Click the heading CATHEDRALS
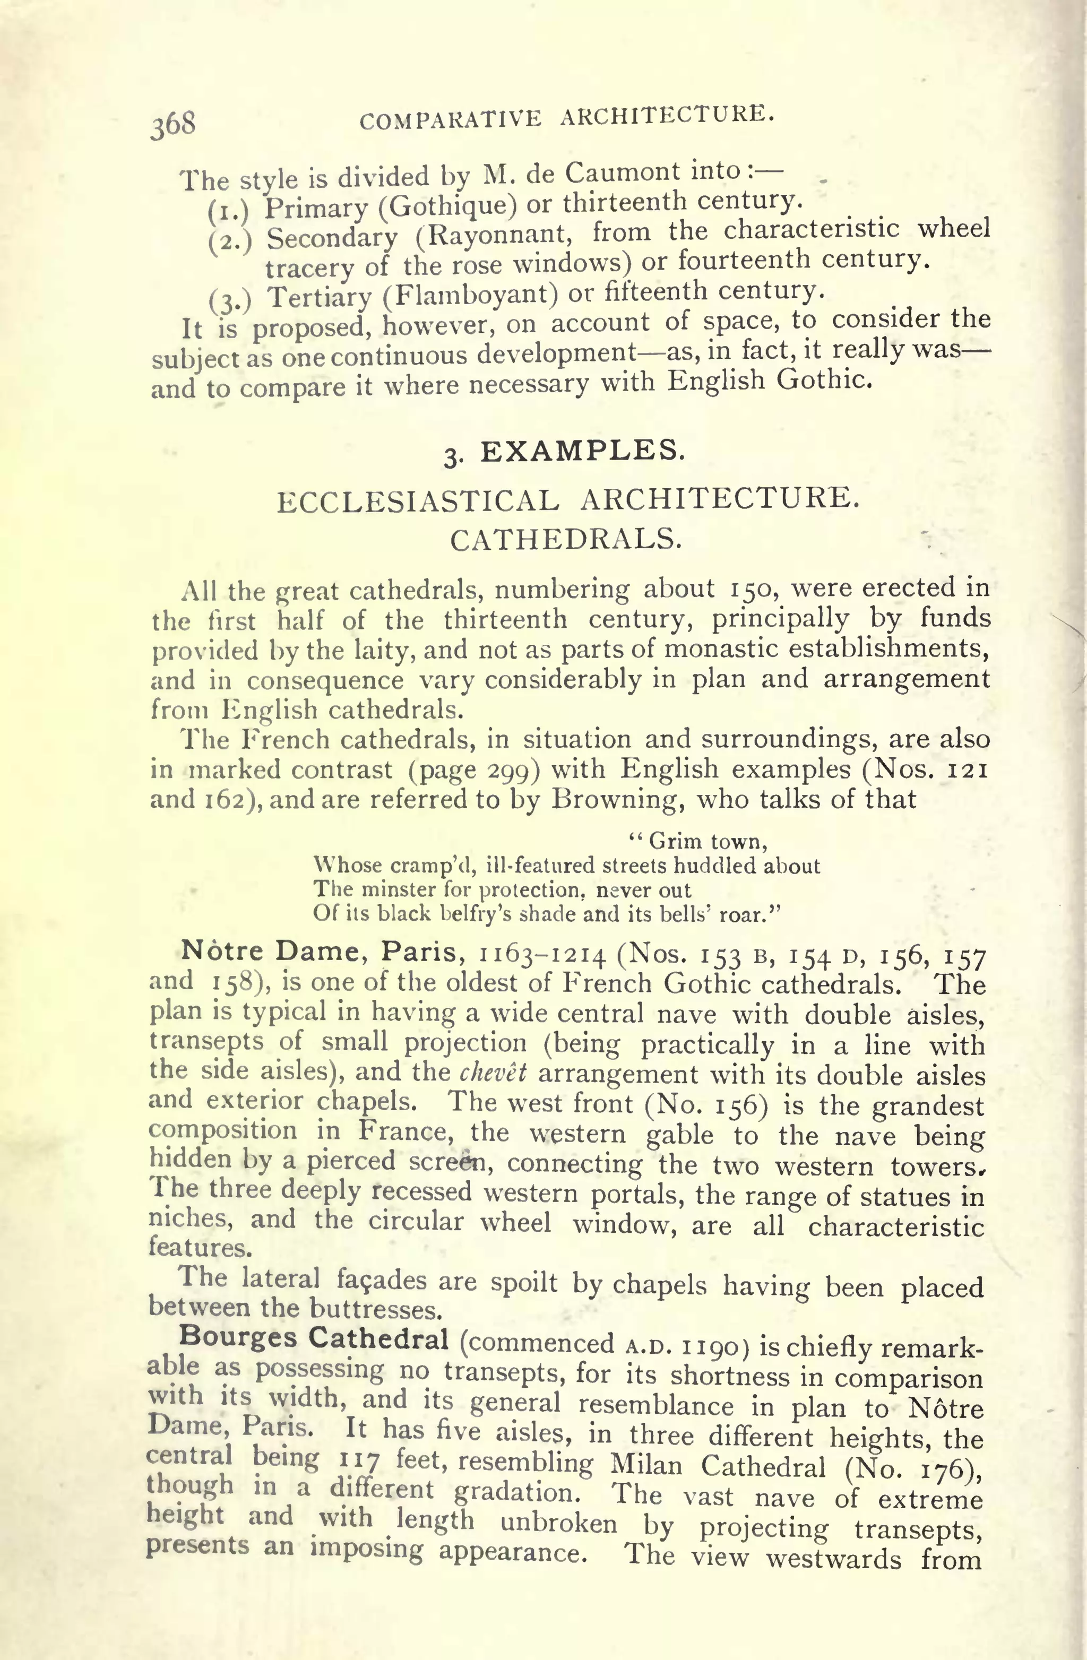566,539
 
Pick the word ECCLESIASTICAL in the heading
418,502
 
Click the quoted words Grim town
698,842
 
